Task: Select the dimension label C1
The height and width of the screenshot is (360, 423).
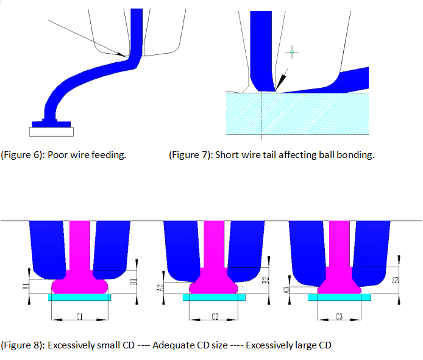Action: pos(80,316)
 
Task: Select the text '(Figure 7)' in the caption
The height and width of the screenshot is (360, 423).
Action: pos(190,155)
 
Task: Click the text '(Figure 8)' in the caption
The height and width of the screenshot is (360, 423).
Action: pos(23,345)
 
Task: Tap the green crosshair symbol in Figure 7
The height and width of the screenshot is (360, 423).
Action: pos(293,52)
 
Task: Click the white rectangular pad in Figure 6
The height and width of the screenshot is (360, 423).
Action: pos(52,131)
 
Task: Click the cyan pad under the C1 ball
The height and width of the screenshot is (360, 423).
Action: pos(80,297)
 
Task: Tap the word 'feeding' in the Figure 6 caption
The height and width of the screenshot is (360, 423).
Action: pos(110,155)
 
